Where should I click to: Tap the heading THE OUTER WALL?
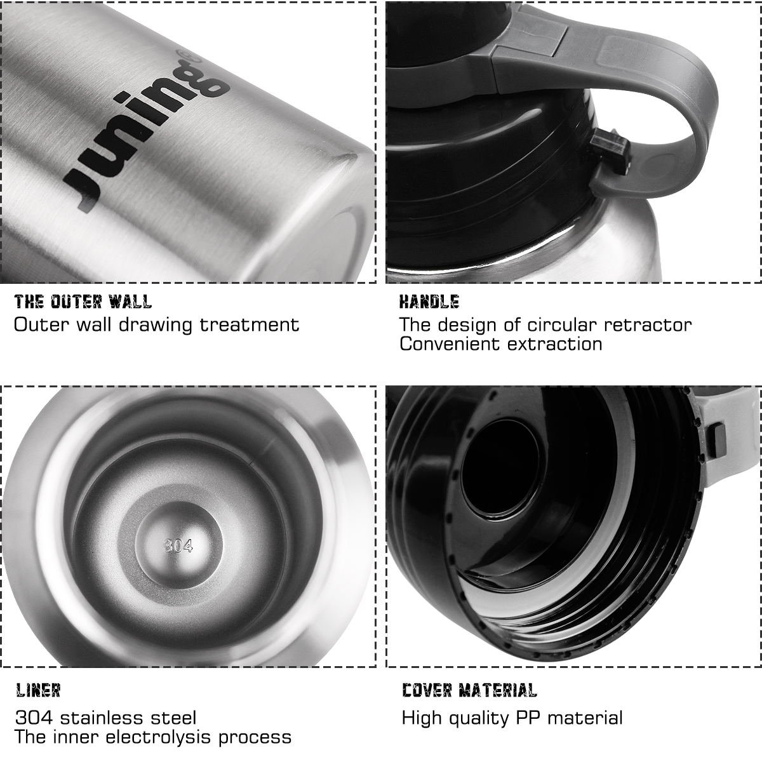(83, 301)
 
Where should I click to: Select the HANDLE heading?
(429, 301)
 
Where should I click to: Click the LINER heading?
(37, 690)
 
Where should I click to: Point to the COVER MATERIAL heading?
(469, 690)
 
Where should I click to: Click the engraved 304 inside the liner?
(178, 545)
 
